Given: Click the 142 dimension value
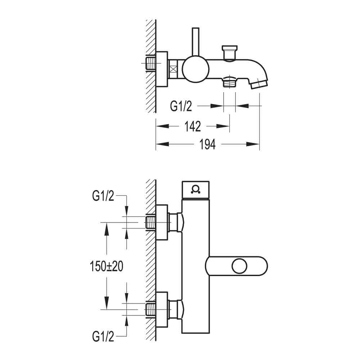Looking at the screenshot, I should (193, 126).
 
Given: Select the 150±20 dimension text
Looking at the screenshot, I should (106, 266).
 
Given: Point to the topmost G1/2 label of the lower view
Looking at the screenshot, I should (103, 196).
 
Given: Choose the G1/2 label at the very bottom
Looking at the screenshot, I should (103, 337).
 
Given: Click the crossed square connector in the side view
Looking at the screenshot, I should (174, 68).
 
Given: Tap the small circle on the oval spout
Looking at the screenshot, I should (239, 267).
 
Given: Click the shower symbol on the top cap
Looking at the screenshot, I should (195, 189).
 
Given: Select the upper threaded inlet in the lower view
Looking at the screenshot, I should (150, 222).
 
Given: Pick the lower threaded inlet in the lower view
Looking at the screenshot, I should (150, 309).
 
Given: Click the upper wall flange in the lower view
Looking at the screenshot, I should (162, 222).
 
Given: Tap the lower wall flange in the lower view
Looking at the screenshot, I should (162, 309).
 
